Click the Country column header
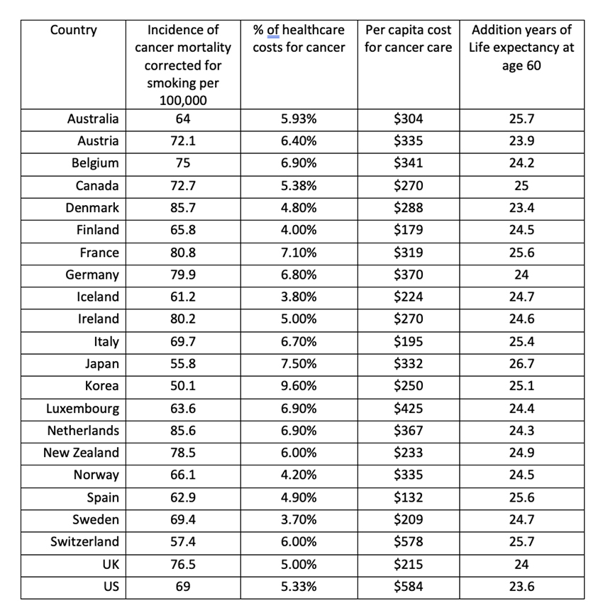click(74, 31)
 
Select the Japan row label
click(101, 364)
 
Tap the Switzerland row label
click(84, 541)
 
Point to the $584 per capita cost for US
click(408, 586)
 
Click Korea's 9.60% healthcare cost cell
click(299, 386)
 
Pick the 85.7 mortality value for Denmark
click(183, 209)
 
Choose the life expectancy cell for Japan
click(521, 364)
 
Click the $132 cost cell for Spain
click(408, 497)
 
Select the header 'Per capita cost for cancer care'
click(408, 39)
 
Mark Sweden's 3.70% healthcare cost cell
click(299, 519)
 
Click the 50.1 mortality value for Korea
click(183, 386)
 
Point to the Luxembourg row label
click(82, 409)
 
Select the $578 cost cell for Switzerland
click(408, 541)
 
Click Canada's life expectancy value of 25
click(521, 187)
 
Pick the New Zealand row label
click(81, 453)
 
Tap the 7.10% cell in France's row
click(299, 253)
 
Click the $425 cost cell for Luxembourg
click(408, 409)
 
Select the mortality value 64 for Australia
click(183, 119)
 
